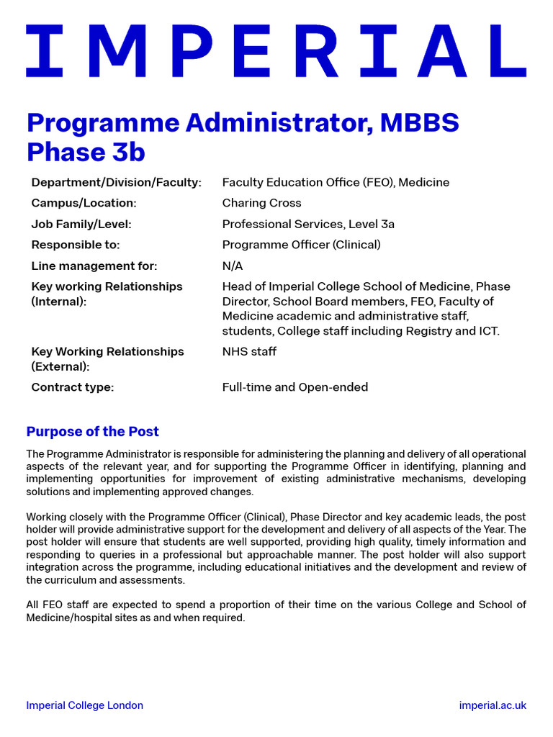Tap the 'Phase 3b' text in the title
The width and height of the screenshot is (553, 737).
(x=86, y=153)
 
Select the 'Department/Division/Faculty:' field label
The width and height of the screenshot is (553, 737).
(x=116, y=183)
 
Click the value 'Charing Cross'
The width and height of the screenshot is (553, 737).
(x=261, y=203)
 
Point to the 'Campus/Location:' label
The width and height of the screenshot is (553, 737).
(x=84, y=203)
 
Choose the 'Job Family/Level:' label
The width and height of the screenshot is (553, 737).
(x=81, y=224)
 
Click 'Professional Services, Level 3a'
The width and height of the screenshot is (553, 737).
(x=308, y=224)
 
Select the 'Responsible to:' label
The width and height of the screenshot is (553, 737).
(x=76, y=245)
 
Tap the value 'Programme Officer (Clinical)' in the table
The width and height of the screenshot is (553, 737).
(x=301, y=245)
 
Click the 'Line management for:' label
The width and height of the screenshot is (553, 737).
(x=94, y=266)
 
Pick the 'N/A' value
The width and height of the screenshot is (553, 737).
(x=233, y=266)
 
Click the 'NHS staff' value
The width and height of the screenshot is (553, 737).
(x=249, y=351)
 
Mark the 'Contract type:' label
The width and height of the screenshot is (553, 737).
(x=72, y=387)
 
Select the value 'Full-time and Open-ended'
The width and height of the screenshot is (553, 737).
(x=295, y=387)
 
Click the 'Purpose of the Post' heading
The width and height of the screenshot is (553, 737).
(x=92, y=432)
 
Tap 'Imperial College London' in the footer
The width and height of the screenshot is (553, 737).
(x=84, y=705)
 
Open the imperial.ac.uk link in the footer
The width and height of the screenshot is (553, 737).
(x=493, y=705)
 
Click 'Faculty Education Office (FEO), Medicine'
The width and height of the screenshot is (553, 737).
(x=336, y=183)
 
